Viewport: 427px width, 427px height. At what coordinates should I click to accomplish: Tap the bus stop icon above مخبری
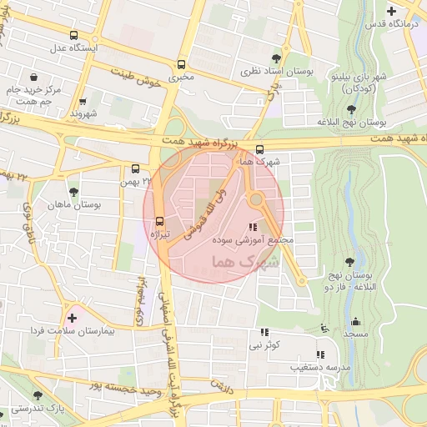click(x=182, y=64)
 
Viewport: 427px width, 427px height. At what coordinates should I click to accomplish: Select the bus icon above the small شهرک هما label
click(x=260, y=149)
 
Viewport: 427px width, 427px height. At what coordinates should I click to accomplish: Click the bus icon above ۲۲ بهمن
click(x=136, y=168)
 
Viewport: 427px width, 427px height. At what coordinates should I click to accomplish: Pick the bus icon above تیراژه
click(x=158, y=221)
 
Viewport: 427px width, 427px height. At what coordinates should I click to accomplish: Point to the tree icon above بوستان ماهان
click(x=73, y=192)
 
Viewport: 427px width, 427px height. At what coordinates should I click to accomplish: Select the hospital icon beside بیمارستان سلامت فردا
click(x=73, y=318)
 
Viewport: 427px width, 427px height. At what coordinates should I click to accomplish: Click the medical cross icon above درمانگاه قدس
click(x=393, y=11)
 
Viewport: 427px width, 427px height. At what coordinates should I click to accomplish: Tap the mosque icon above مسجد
click(x=355, y=321)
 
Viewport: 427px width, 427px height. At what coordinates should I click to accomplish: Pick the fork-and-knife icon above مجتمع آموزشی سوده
click(x=253, y=227)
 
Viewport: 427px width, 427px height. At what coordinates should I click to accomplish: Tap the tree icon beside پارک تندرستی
click(x=36, y=395)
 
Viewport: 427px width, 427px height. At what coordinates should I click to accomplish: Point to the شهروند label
click(x=84, y=113)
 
